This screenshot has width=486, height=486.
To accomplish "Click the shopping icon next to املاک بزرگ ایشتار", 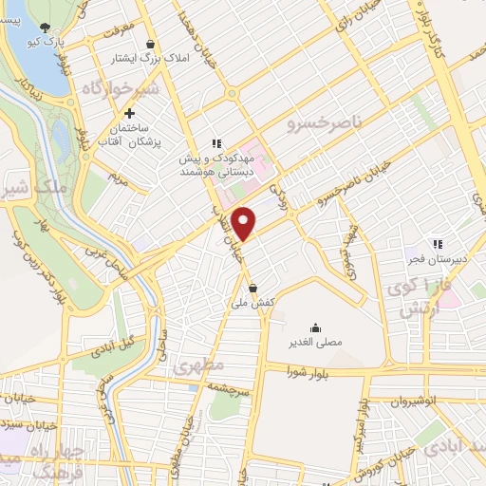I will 150,43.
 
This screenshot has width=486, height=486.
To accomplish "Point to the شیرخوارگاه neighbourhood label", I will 92,88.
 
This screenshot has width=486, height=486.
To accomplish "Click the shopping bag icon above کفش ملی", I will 252,287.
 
